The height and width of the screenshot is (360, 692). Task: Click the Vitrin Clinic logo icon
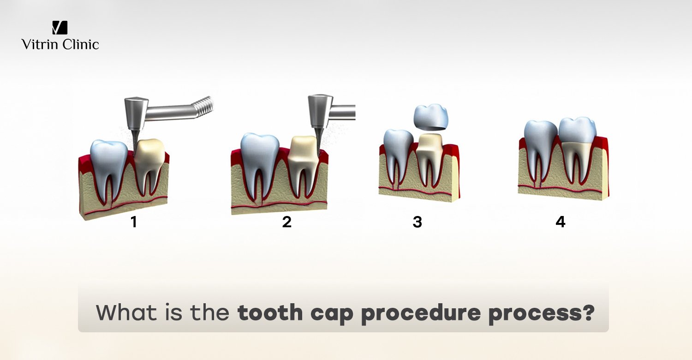click(60, 28)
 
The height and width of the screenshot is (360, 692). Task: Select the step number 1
click(134, 222)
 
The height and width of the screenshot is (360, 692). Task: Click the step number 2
click(287, 222)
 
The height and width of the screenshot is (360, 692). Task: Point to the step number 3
click(418, 222)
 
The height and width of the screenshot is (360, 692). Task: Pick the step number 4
click(561, 222)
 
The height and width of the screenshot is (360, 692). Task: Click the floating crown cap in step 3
click(432, 117)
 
